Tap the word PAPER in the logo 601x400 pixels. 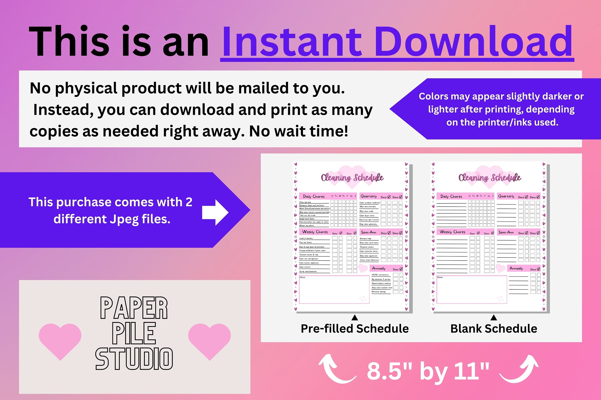pyautogui.click(x=134, y=308)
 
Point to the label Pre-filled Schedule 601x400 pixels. pyautogui.click(x=355, y=329)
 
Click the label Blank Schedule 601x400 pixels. pyautogui.click(x=494, y=329)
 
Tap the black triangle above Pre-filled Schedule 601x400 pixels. pyautogui.click(x=355, y=318)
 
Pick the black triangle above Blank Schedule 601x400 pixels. pyautogui.click(x=494, y=318)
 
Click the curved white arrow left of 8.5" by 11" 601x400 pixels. pyautogui.click(x=336, y=369)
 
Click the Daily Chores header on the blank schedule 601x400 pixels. pyautogui.click(x=451, y=196)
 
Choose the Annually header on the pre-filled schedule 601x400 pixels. pyautogui.click(x=379, y=268)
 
